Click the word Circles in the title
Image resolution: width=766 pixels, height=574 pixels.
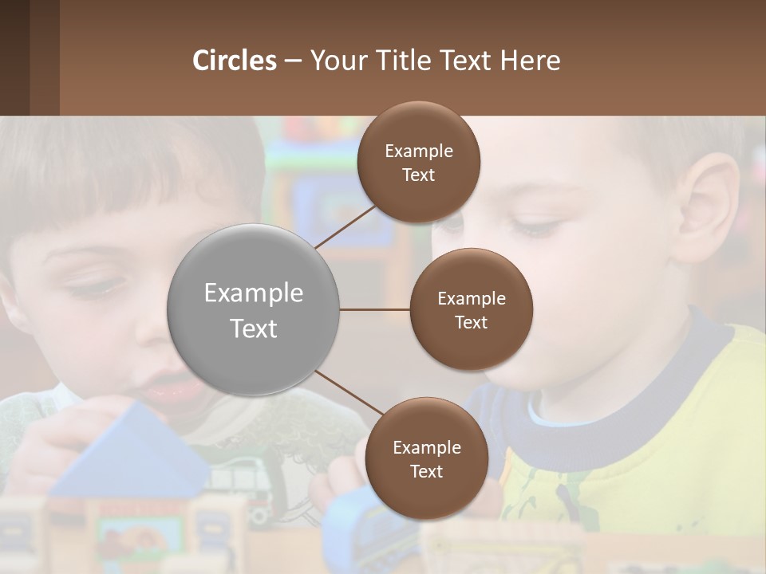click(235, 61)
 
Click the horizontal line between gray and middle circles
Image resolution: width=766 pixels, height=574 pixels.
click(375, 309)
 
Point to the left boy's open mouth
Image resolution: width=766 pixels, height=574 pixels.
click(169, 389)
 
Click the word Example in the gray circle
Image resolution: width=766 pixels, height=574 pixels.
click(254, 293)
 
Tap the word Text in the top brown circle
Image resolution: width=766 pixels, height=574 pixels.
click(419, 175)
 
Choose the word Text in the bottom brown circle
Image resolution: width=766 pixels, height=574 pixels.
click(426, 472)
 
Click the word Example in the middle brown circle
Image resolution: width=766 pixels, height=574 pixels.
click(472, 299)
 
